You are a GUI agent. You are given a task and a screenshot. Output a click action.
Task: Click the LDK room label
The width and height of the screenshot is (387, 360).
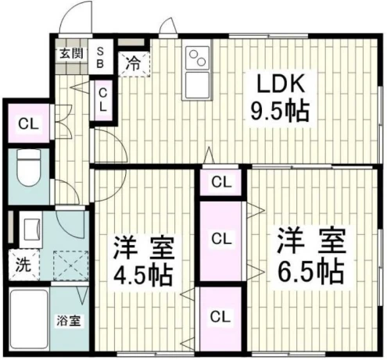[281, 84]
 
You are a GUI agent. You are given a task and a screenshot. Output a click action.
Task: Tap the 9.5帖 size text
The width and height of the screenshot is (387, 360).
[280, 112]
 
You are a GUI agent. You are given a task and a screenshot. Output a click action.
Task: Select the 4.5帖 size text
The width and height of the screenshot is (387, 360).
[143, 276]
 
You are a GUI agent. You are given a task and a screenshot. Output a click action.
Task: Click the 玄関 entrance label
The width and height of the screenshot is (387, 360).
[71, 54]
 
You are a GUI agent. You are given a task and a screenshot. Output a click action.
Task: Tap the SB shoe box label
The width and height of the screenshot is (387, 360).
[100, 58]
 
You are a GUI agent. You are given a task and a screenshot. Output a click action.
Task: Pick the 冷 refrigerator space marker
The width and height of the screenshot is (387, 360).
[134, 64]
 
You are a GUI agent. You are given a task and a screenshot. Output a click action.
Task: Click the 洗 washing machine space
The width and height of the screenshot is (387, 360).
[23, 265]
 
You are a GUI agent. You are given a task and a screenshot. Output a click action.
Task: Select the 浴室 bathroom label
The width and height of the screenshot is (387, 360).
[69, 321]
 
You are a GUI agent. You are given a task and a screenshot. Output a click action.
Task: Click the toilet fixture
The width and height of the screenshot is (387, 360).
[28, 167]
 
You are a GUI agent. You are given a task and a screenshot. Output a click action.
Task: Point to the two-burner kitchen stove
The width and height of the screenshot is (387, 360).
[197, 59]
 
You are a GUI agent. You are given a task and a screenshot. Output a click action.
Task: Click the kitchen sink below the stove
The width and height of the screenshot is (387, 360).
[197, 85]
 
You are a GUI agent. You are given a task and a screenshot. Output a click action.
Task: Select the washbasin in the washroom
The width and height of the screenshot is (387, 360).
[30, 229]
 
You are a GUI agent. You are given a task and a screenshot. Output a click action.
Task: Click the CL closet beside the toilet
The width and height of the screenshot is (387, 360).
[29, 123]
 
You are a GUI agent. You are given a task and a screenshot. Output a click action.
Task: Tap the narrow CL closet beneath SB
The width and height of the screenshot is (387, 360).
[103, 100]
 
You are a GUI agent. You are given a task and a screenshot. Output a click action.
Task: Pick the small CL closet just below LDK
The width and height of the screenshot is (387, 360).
[221, 182]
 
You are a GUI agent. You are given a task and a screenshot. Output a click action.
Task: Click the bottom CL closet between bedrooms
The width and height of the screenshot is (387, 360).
[220, 319]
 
